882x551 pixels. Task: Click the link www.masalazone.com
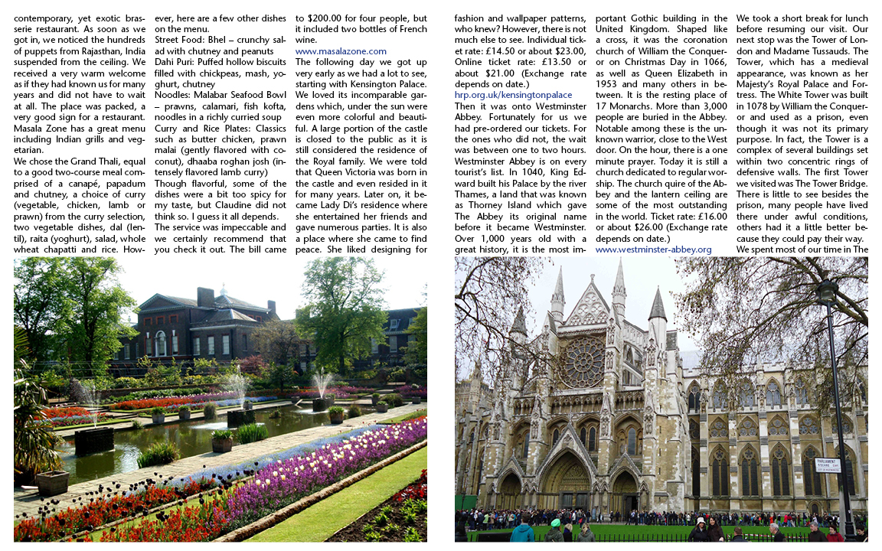[341, 51]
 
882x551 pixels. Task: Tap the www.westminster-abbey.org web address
[653, 249]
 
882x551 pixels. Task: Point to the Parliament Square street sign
[826, 465]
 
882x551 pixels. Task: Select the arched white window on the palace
[161, 342]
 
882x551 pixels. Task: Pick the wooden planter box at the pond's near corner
[52, 482]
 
